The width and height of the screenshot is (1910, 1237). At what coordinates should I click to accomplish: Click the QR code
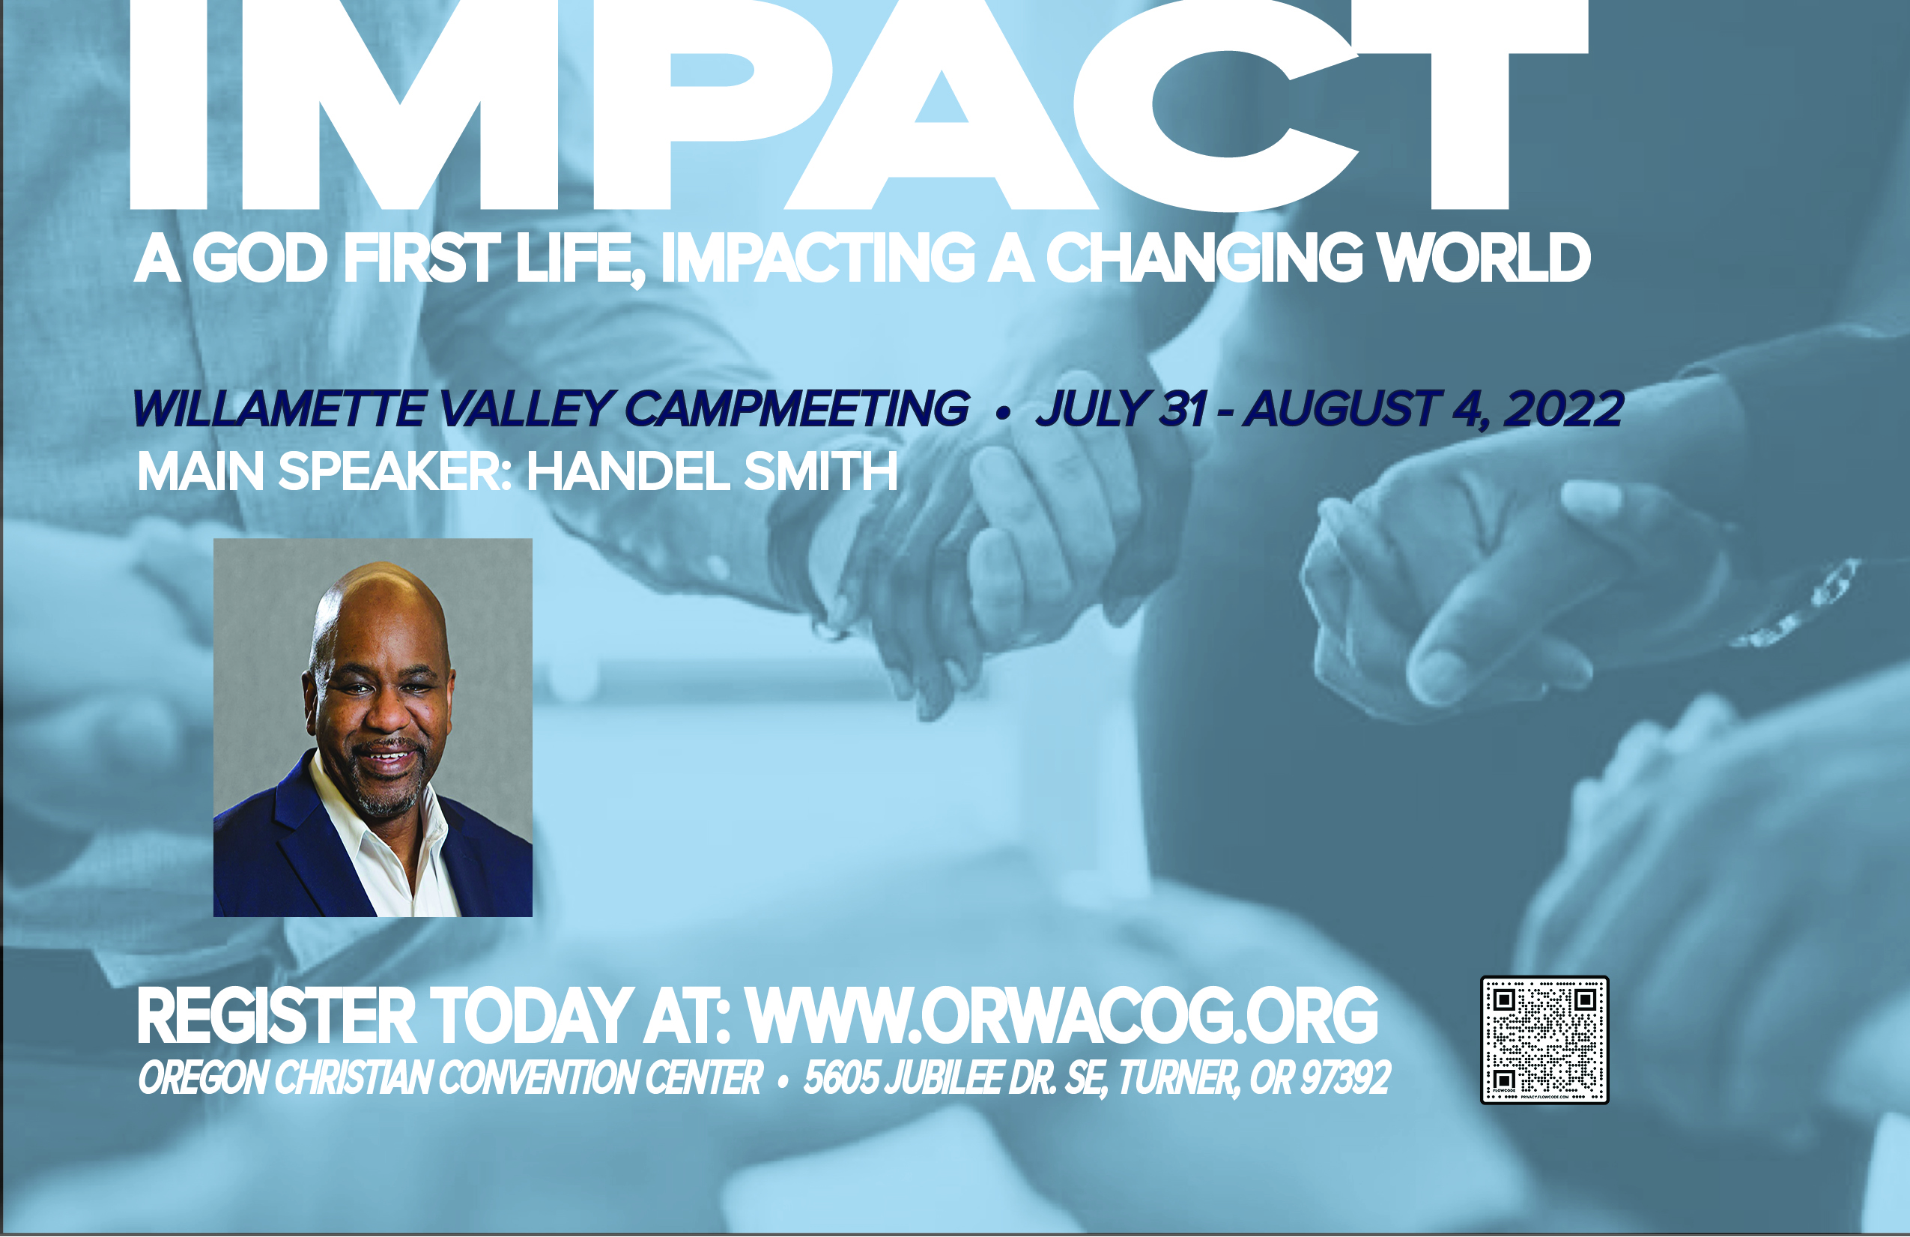pos(1544,1039)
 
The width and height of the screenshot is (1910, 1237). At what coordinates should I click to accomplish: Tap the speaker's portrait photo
pos(372,728)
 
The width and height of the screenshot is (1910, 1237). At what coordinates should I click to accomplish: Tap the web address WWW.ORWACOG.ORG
pos(1063,1015)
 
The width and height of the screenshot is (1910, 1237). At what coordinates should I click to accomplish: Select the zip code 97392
pos(1346,1078)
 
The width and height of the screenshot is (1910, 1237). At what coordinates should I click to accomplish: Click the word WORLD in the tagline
pos(1483,258)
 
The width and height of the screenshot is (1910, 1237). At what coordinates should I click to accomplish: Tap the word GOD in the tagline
pos(259,258)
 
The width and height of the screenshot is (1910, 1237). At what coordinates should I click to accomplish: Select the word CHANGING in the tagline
pos(1204,258)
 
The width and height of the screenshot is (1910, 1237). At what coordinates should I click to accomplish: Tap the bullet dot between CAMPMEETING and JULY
pos(1001,413)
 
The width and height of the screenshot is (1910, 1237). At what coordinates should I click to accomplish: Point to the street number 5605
pos(841,1078)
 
